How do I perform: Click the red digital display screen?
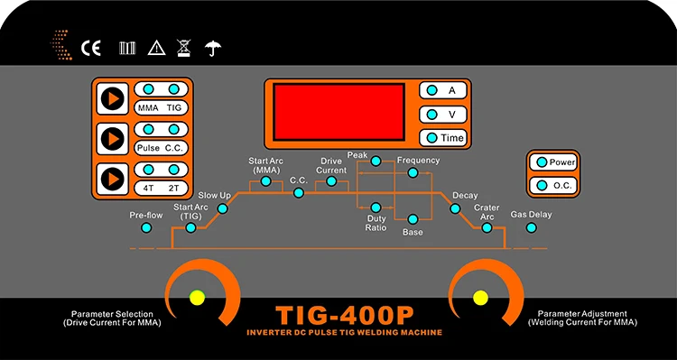(x=338, y=114)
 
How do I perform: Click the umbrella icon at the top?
(x=213, y=47)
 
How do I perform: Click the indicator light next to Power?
(x=540, y=162)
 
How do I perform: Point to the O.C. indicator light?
(x=540, y=185)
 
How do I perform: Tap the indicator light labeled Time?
(x=433, y=137)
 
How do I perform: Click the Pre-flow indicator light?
(x=146, y=228)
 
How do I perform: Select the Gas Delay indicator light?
(x=532, y=227)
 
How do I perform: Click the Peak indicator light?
(x=376, y=162)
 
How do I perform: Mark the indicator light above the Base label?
(x=412, y=219)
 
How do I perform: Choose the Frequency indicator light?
(x=413, y=172)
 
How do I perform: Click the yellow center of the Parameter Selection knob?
(x=196, y=298)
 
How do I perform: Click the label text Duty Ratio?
(x=376, y=223)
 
